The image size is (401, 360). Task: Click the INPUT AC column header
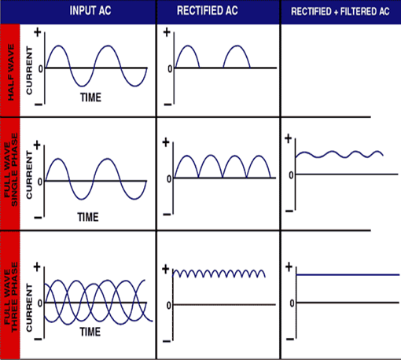coord(90,11)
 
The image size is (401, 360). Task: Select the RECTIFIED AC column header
coord(208,11)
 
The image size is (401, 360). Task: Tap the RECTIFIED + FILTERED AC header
coord(340,11)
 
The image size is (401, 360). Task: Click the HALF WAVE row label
coord(10,72)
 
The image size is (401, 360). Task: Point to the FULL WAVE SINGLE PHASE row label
coord(11,170)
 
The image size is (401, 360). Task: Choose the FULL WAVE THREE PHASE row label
coord(11,297)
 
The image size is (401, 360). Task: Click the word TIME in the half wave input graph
coord(90,97)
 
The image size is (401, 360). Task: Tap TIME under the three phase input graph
coord(90,332)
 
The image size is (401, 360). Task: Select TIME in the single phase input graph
coord(88,217)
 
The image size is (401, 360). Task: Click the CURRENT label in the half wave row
coord(29,71)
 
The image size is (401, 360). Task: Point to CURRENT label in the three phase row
coord(29,307)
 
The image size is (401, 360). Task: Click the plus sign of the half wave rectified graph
coord(167,32)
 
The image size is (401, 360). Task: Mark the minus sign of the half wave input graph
coord(39,105)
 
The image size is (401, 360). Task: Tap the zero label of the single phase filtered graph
coord(291,175)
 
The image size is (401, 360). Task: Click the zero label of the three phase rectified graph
coord(169,305)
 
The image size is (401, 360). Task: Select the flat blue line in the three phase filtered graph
coord(348,275)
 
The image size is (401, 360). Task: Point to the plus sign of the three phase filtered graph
coord(289,267)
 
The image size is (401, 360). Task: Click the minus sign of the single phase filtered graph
coord(289,211)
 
